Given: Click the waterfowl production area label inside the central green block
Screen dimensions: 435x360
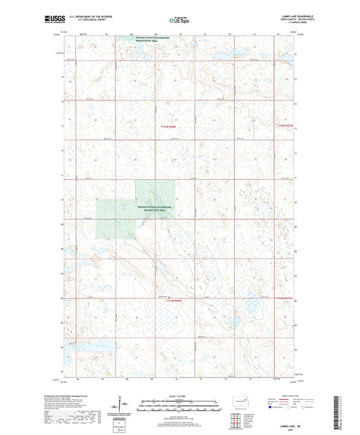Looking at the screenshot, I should (x=151, y=209).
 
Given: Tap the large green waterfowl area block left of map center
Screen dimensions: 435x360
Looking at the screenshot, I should (x=118, y=209).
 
